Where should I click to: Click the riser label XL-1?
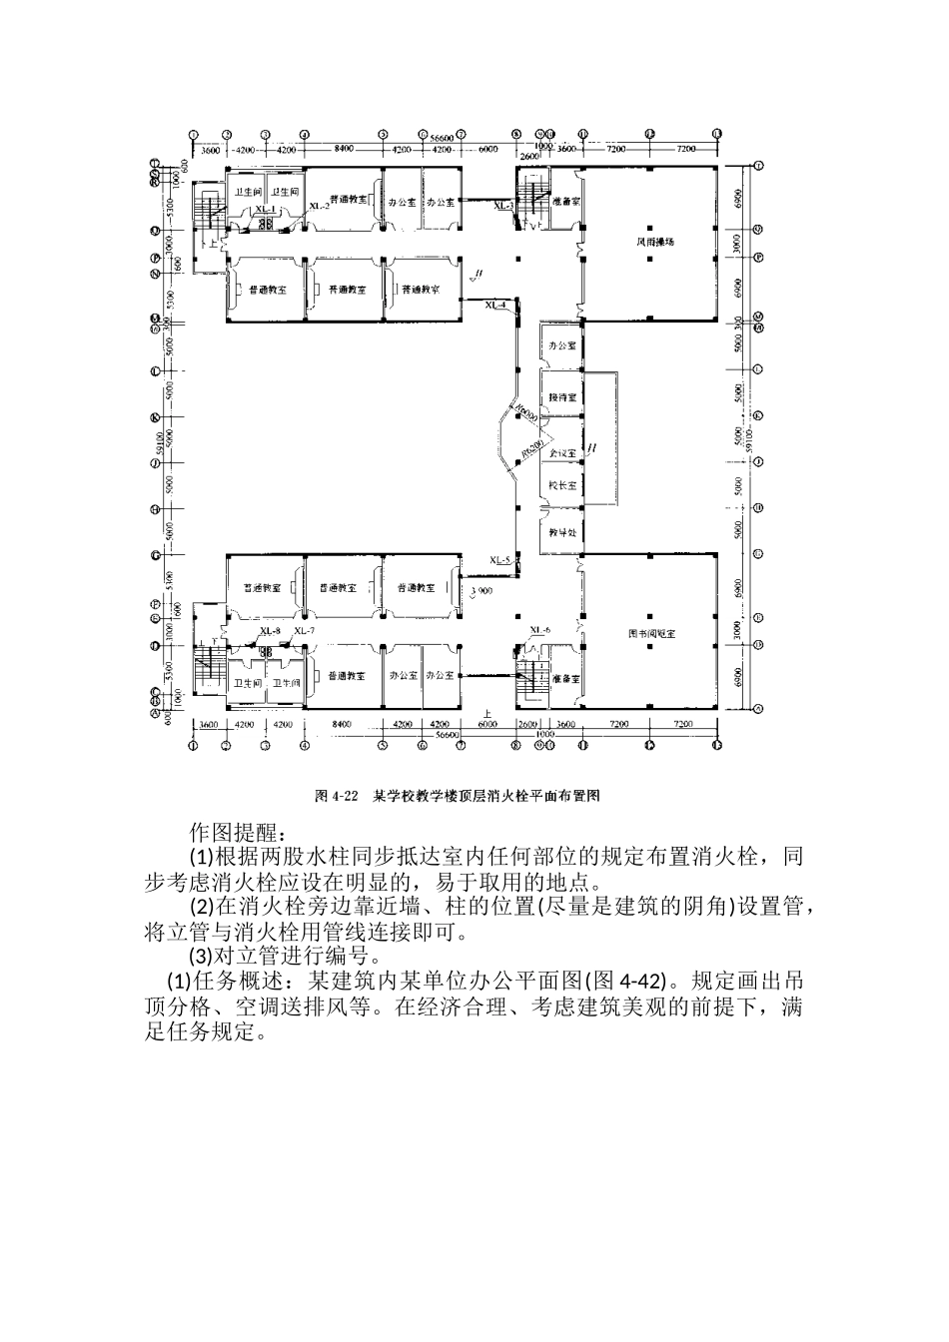pos(265,209)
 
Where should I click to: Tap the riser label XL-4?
pos(495,304)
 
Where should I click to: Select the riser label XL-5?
pos(500,560)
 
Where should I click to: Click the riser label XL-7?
pos(304,631)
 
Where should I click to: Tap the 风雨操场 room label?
pos(649,242)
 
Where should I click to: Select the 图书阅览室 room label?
pos(651,633)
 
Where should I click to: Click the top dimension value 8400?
pos(344,149)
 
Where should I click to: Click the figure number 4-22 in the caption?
pos(344,796)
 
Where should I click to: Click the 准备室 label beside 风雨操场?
pos(565,201)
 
